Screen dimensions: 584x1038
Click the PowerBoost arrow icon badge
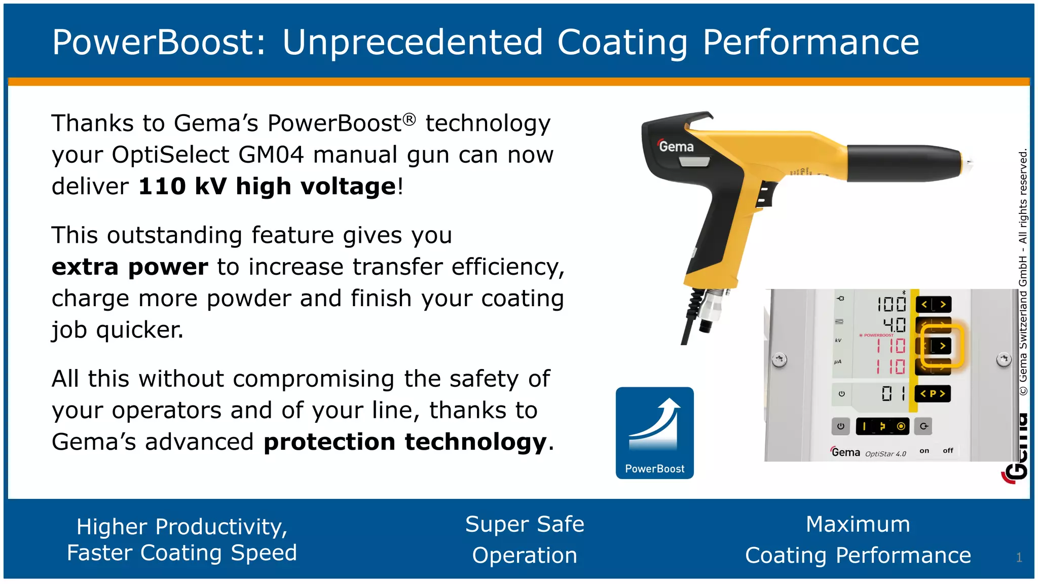point(654,432)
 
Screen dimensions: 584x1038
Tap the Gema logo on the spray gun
point(676,147)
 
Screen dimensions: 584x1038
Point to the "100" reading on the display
point(892,304)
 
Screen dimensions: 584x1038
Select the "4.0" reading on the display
point(894,324)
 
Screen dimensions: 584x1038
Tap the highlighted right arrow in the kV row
point(942,346)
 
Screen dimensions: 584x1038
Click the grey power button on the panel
point(840,426)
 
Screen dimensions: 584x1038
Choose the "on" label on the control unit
point(924,451)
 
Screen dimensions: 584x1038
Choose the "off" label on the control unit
point(948,451)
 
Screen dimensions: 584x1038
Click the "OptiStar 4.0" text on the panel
point(885,454)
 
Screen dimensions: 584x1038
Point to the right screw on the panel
point(1004,359)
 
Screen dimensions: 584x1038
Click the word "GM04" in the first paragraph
point(271,155)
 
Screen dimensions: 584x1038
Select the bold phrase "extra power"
point(130,267)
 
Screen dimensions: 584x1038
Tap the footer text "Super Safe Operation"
point(525,539)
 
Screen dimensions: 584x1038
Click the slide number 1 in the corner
point(1019,558)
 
